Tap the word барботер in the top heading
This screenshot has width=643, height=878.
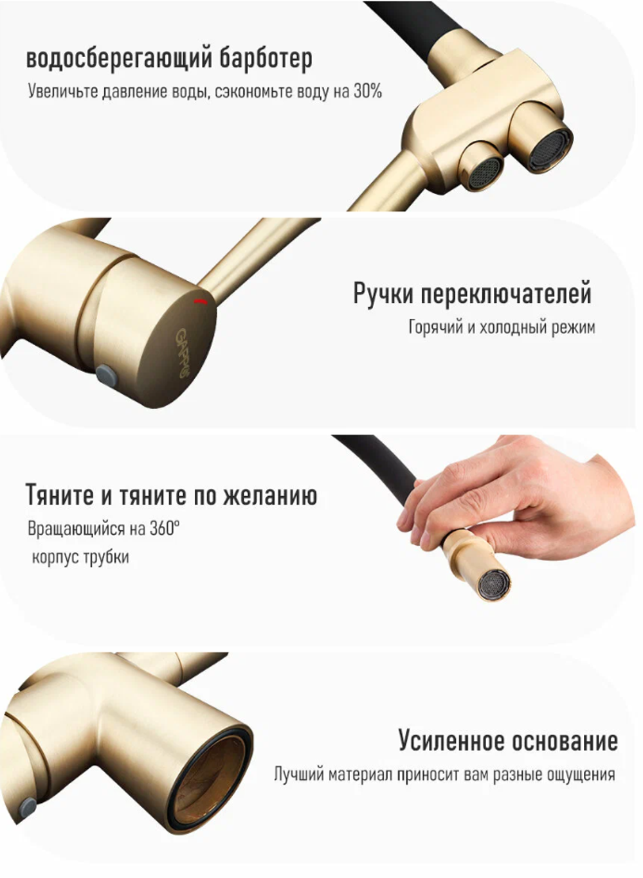pyautogui.click(x=266, y=57)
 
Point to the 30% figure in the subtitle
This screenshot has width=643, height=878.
pyautogui.click(x=367, y=92)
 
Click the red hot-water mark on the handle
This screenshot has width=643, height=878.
pyautogui.click(x=201, y=301)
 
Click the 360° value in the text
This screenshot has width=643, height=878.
pyautogui.click(x=165, y=528)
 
